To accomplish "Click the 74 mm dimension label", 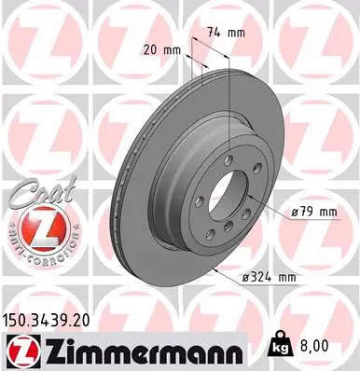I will pos(224,33).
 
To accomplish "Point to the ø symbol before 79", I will pos(296,213).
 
